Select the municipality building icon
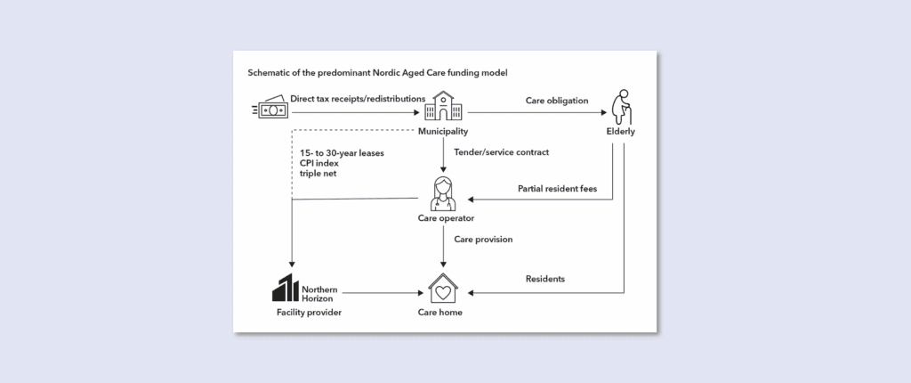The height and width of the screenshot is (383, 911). [443, 106]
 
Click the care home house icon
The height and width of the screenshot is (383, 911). [443, 289]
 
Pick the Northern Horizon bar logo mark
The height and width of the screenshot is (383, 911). [285, 289]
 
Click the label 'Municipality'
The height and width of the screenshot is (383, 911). [443, 132]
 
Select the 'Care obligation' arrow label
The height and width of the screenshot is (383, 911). [558, 101]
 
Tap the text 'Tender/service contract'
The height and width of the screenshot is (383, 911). [502, 152]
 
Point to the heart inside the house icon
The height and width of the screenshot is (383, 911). [443, 291]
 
